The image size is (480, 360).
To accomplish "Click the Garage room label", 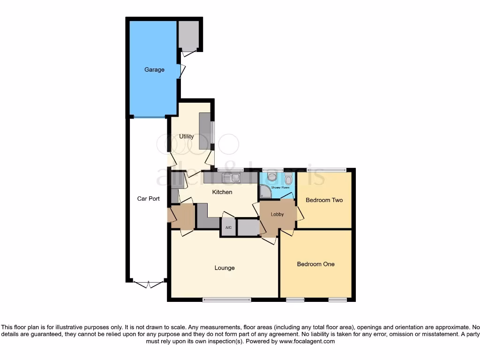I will click(154, 70).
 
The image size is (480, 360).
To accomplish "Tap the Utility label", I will click(186, 137).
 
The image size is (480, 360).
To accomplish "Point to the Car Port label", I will click(148, 199).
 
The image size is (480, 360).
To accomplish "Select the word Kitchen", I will click(222, 192).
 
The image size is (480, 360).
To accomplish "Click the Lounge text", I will click(225, 268).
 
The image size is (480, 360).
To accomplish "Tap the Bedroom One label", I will click(315, 264).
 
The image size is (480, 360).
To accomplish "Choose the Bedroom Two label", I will click(324, 200).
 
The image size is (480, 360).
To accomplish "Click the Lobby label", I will click(277, 214).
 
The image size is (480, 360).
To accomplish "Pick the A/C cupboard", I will click(228, 227).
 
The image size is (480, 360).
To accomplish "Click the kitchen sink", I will click(231, 178).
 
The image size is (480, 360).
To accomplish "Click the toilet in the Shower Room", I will click(271, 177).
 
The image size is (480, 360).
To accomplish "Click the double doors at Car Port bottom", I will click(148, 284).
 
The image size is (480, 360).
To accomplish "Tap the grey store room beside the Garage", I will click(189, 35).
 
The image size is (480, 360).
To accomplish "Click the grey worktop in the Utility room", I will click(205, 131).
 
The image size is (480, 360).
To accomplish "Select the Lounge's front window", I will click(227, 300).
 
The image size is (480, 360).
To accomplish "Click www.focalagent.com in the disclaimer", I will click(307, 342).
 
